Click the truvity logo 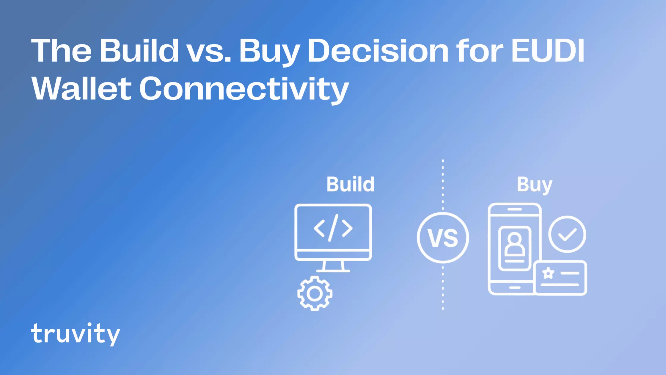[76, 334]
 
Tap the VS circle [443, 237]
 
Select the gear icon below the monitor [315, 293]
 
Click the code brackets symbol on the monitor [333, 228]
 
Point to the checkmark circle [567, 235]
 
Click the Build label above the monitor [350, 184]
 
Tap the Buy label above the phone [534, 185]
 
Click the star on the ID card [548, 273]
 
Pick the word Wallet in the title [81, 89]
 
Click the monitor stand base [333, 271]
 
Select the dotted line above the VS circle [443, 185]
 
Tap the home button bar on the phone [514, 288]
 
